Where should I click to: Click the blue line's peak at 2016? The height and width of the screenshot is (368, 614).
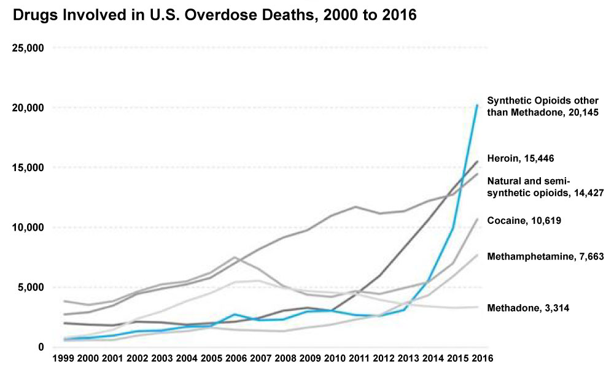pos(477,105)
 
